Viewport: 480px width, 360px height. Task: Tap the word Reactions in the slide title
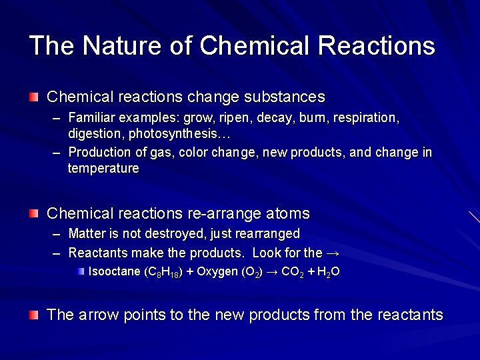click(377, 46)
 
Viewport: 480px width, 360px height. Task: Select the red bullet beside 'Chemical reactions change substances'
click(34, 97)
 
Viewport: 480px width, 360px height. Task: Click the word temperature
click(103, 169)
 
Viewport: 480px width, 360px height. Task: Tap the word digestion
click(96, 133)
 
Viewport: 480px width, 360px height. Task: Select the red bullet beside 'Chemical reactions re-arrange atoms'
click(34, 213)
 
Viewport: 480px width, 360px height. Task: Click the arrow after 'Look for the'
click(334, 253)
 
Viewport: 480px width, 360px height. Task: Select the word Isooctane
click(115, 272)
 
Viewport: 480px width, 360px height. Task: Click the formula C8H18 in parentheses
click(163, 273)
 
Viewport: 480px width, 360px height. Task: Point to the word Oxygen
click(217, 272)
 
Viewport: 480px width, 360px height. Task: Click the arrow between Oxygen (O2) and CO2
click(271, 272)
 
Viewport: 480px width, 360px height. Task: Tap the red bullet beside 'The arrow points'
click(34, 315)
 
